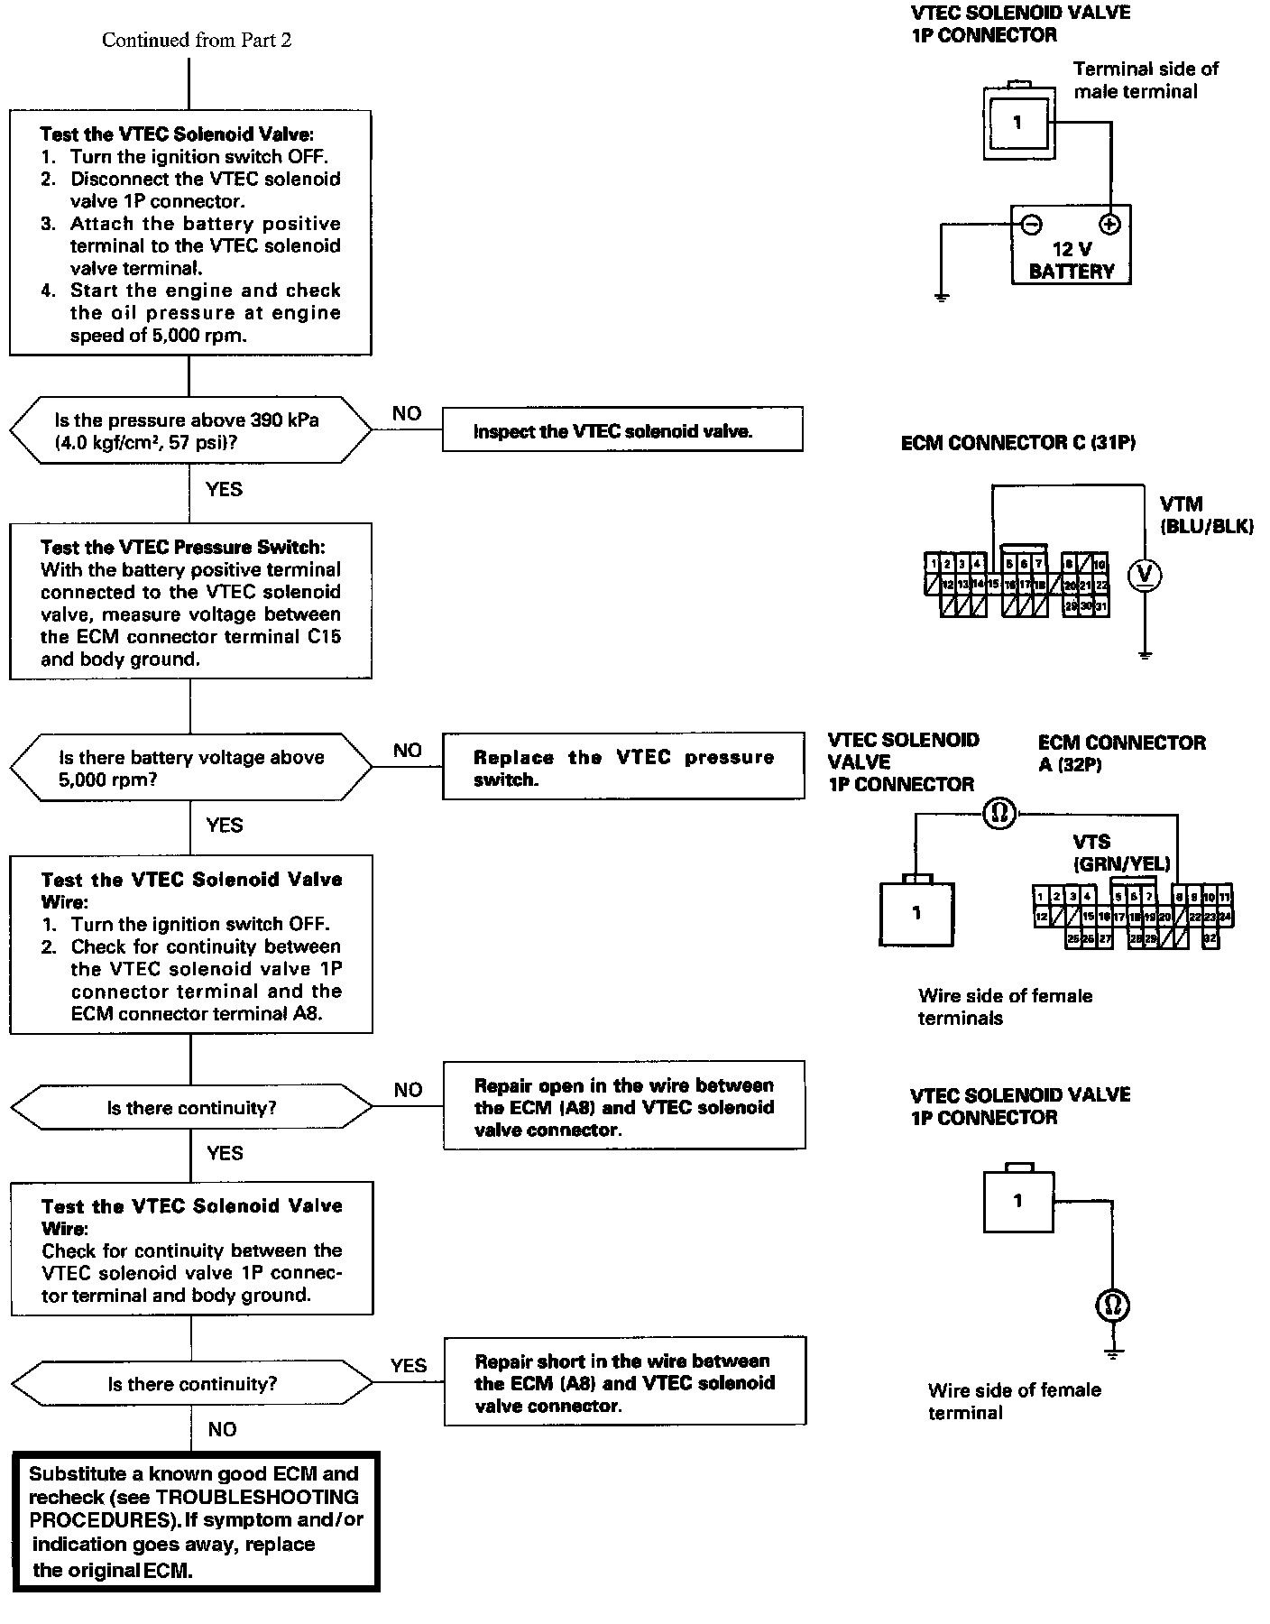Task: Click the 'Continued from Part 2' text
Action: (x=196, y=40)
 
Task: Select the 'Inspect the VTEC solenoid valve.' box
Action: (x=621, y=430)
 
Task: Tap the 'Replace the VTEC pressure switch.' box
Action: (x=622, y=767)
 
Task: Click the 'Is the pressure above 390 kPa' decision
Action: (x=189, y=430)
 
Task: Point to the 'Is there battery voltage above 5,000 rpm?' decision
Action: (x=190, y=768)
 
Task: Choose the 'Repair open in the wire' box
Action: (x=623, y=1106)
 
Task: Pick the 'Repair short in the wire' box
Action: (x=624, y=1382)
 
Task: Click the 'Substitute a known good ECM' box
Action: (x=196, y=1521)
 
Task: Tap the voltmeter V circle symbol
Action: (x=1145, y=575)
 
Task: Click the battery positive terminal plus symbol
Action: (x=1109, y=224)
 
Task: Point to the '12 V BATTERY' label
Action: (x=1072, y=260)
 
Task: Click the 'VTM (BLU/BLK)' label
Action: (x=1205, y=515)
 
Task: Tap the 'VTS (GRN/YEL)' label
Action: (x=1120, y=853)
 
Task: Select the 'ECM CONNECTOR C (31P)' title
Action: (x=1017, y=443)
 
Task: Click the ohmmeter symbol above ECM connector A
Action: (x=999, y=815)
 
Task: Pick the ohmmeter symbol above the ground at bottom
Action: (x=1112, y=1305)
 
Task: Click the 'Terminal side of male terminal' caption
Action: (x=1145, y=79)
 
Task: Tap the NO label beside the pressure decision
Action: (x=407, y=413)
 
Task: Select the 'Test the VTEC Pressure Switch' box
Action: (x=190, y=602)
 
